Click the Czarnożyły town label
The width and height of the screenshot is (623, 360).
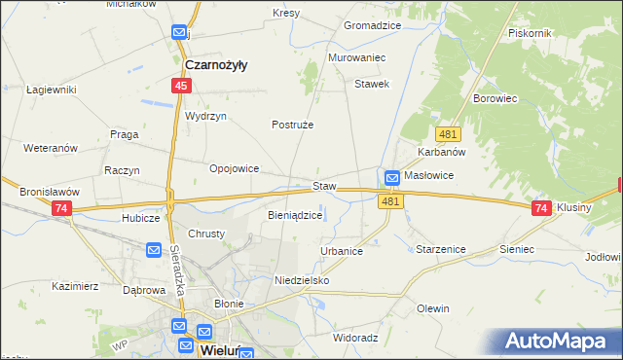click(x=215, y=65)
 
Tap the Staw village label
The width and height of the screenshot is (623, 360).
click(x=324, y=185)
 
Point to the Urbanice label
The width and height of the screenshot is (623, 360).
click(x=342, y=251)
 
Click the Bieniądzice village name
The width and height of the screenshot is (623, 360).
click(x=294, y=216)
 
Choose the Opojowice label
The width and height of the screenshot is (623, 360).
click(x=235, y=168)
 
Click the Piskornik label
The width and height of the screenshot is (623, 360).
click(x=531, y=32)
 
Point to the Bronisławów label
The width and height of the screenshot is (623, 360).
click(x=49, y=193)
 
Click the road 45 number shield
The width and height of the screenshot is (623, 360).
click(x=181, y=87)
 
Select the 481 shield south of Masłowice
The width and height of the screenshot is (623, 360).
click(x=390, y=200)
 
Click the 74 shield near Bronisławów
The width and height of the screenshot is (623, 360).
click(x=62, y=209)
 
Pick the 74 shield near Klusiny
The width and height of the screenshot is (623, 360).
click(x=542, y=208)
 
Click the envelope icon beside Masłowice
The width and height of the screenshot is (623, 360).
click(x=391, y=178)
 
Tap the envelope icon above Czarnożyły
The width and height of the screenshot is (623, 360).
click(x=180, y=33)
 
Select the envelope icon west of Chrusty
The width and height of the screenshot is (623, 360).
click(x=154, y=251)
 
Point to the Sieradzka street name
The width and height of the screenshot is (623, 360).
click(x=177, y=263)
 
